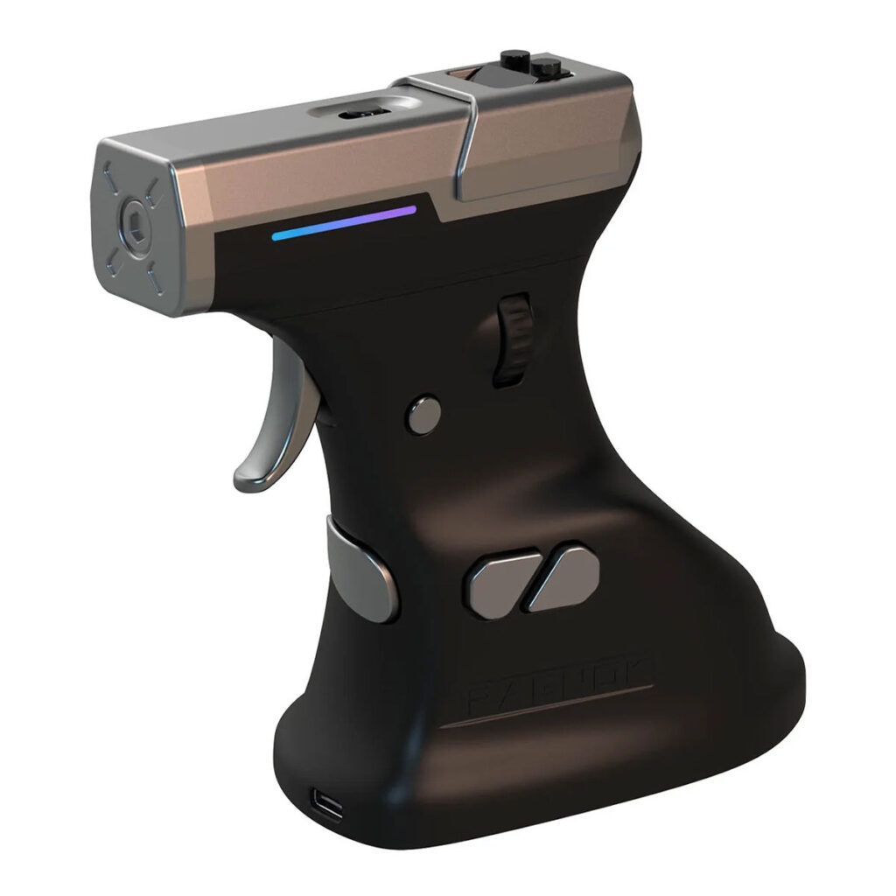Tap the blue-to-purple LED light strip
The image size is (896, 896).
(x=344, y=222)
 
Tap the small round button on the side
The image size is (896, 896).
(x=425, y=414)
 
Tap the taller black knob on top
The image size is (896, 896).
(x=509, y=65)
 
